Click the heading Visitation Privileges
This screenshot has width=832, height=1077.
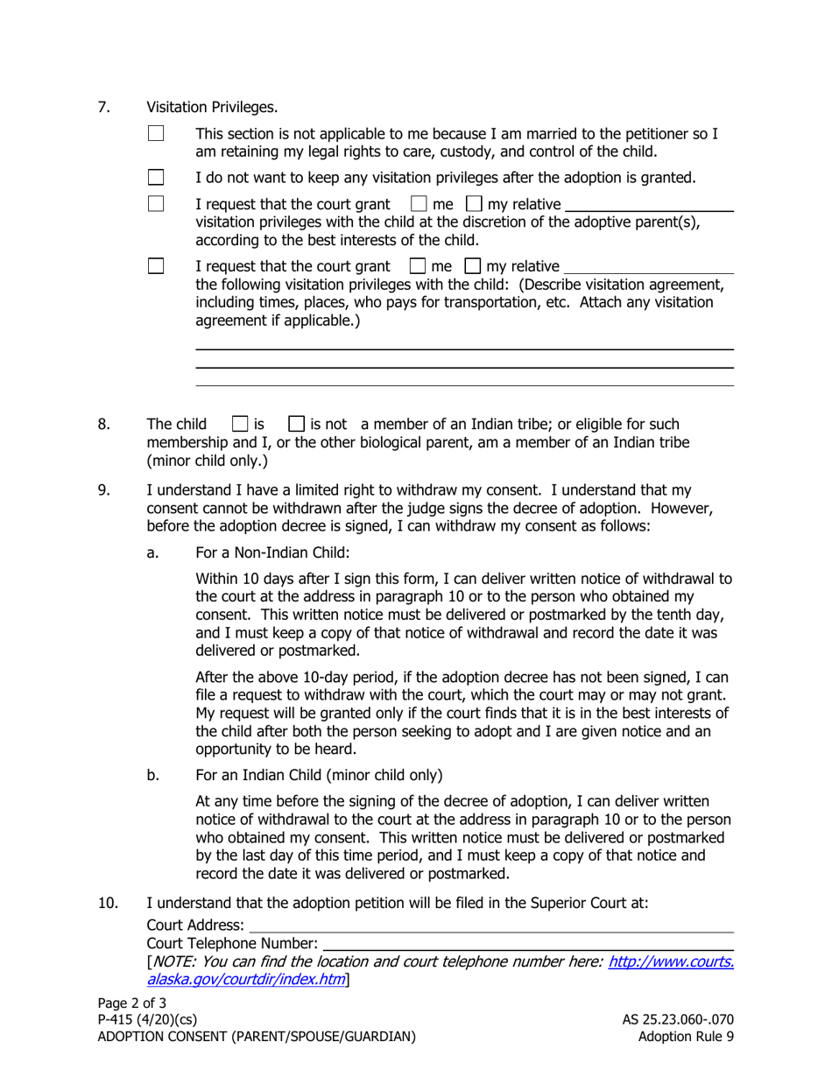[x=212, y=108]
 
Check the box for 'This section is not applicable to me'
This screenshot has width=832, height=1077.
[x=156, y=135]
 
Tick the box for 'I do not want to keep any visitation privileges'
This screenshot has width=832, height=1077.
[x=156, y=179]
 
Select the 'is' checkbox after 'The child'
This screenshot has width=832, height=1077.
[x=239, y=425]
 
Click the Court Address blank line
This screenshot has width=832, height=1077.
[x=490, y=925]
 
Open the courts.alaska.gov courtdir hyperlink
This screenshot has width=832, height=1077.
[x=670, y=961]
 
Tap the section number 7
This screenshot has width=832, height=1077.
[x=103, y=108]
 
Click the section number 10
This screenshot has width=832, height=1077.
[x=107, y=903]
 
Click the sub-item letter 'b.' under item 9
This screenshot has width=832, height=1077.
[x=155, y=775]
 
